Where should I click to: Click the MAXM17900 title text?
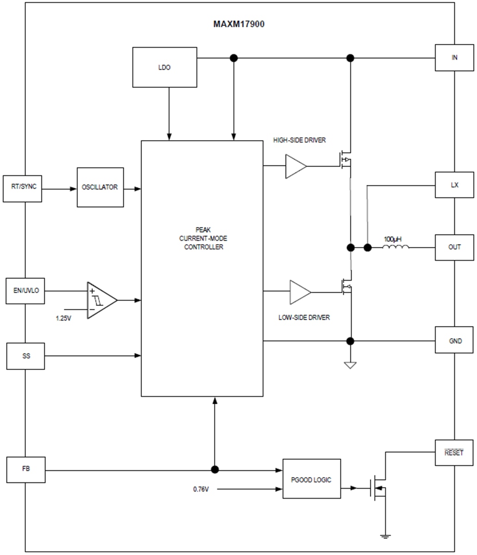238,25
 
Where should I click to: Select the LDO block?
165,67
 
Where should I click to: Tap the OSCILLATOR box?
100,187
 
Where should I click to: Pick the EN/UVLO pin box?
25,291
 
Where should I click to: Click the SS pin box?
25,356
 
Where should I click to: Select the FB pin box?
26,470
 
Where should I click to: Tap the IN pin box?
454,58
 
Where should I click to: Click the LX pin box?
454,185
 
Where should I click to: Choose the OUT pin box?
454,247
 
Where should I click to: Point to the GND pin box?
454,341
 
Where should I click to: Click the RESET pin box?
454,453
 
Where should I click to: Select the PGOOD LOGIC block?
312,479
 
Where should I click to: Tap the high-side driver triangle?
295,166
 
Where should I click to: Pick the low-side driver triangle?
299,292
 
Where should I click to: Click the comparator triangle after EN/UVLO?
100,300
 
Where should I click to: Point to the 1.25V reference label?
63,319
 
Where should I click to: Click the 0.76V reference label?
201,489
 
